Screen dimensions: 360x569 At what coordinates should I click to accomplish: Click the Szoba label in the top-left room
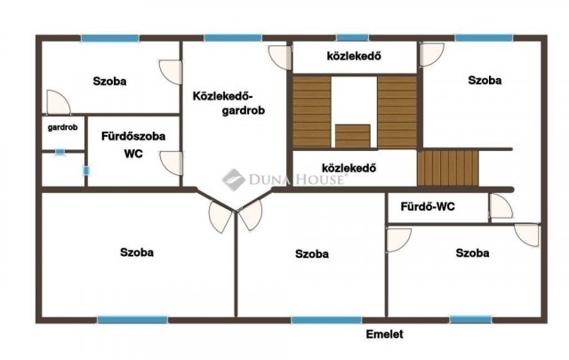[x=109, y=81]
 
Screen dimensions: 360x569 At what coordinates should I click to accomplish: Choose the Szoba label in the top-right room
[x=485, y=80]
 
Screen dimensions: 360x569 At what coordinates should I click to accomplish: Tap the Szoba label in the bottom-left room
[x=136, y=252]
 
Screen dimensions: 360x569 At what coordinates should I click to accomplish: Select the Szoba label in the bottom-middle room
[x=312, y=253]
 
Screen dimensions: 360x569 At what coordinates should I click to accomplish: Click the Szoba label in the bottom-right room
[x=472, y=253]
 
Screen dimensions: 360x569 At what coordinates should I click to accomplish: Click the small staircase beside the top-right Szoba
[x=448, y=167]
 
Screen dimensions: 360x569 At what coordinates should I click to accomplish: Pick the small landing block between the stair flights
[x=353, y=136]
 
